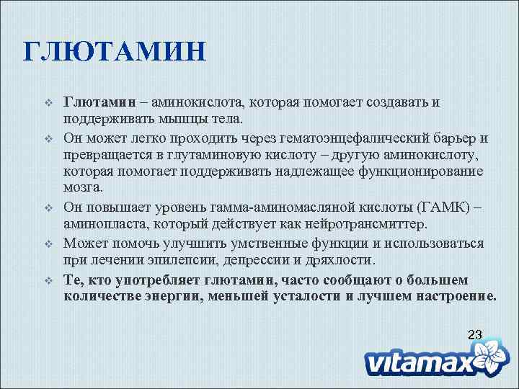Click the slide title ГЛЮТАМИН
click(x=115, y=53)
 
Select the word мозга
click(x=84, y=188)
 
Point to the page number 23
click(x=474, y=334)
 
